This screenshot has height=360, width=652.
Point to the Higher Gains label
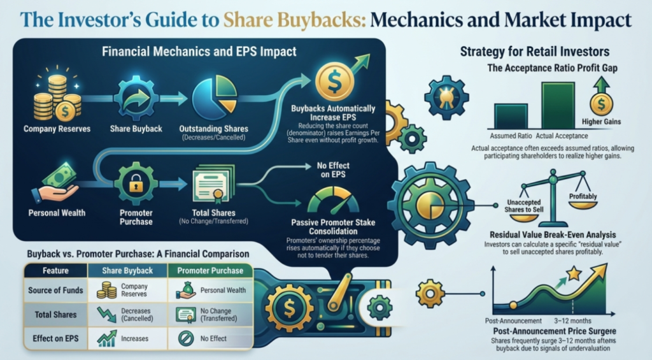pyautogui.click(x=601, y=122)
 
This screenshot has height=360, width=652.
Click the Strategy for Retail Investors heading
pyautogui.click(x=535, y=52)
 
